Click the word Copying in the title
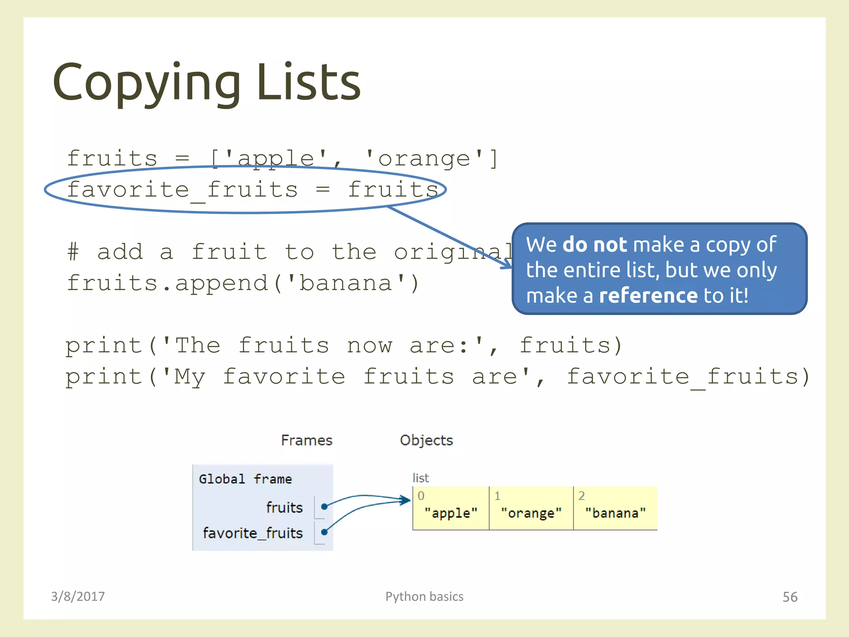pyautogui.click(x=146, y=83)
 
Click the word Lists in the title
pyautogui.click(x=308, y=83)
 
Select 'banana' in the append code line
pyautogui.click(x=346, y=284)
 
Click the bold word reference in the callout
pyautogui.click(x=649, y=296)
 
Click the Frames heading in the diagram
pyautogui.click(x=307, y=440)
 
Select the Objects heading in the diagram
pyautogui.click(x=426, y=440)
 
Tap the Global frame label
pyautogui.click(x=245, y=479)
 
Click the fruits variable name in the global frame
pyautogui.click(x=284, y=507)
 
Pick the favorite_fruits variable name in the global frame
pyautogui.click(x=253, y=533)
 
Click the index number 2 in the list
pyautogui.click(x=582, y=496)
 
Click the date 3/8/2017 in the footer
pyautogui.click(x=78, y=596)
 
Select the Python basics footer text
pyautogui.click(x=424, y=596)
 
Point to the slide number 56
pyautogui.click(x=790, y=597)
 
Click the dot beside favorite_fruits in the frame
pyautogui.click(x=324, y=532)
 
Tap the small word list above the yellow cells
pyautogui.click(x=420, y=478)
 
